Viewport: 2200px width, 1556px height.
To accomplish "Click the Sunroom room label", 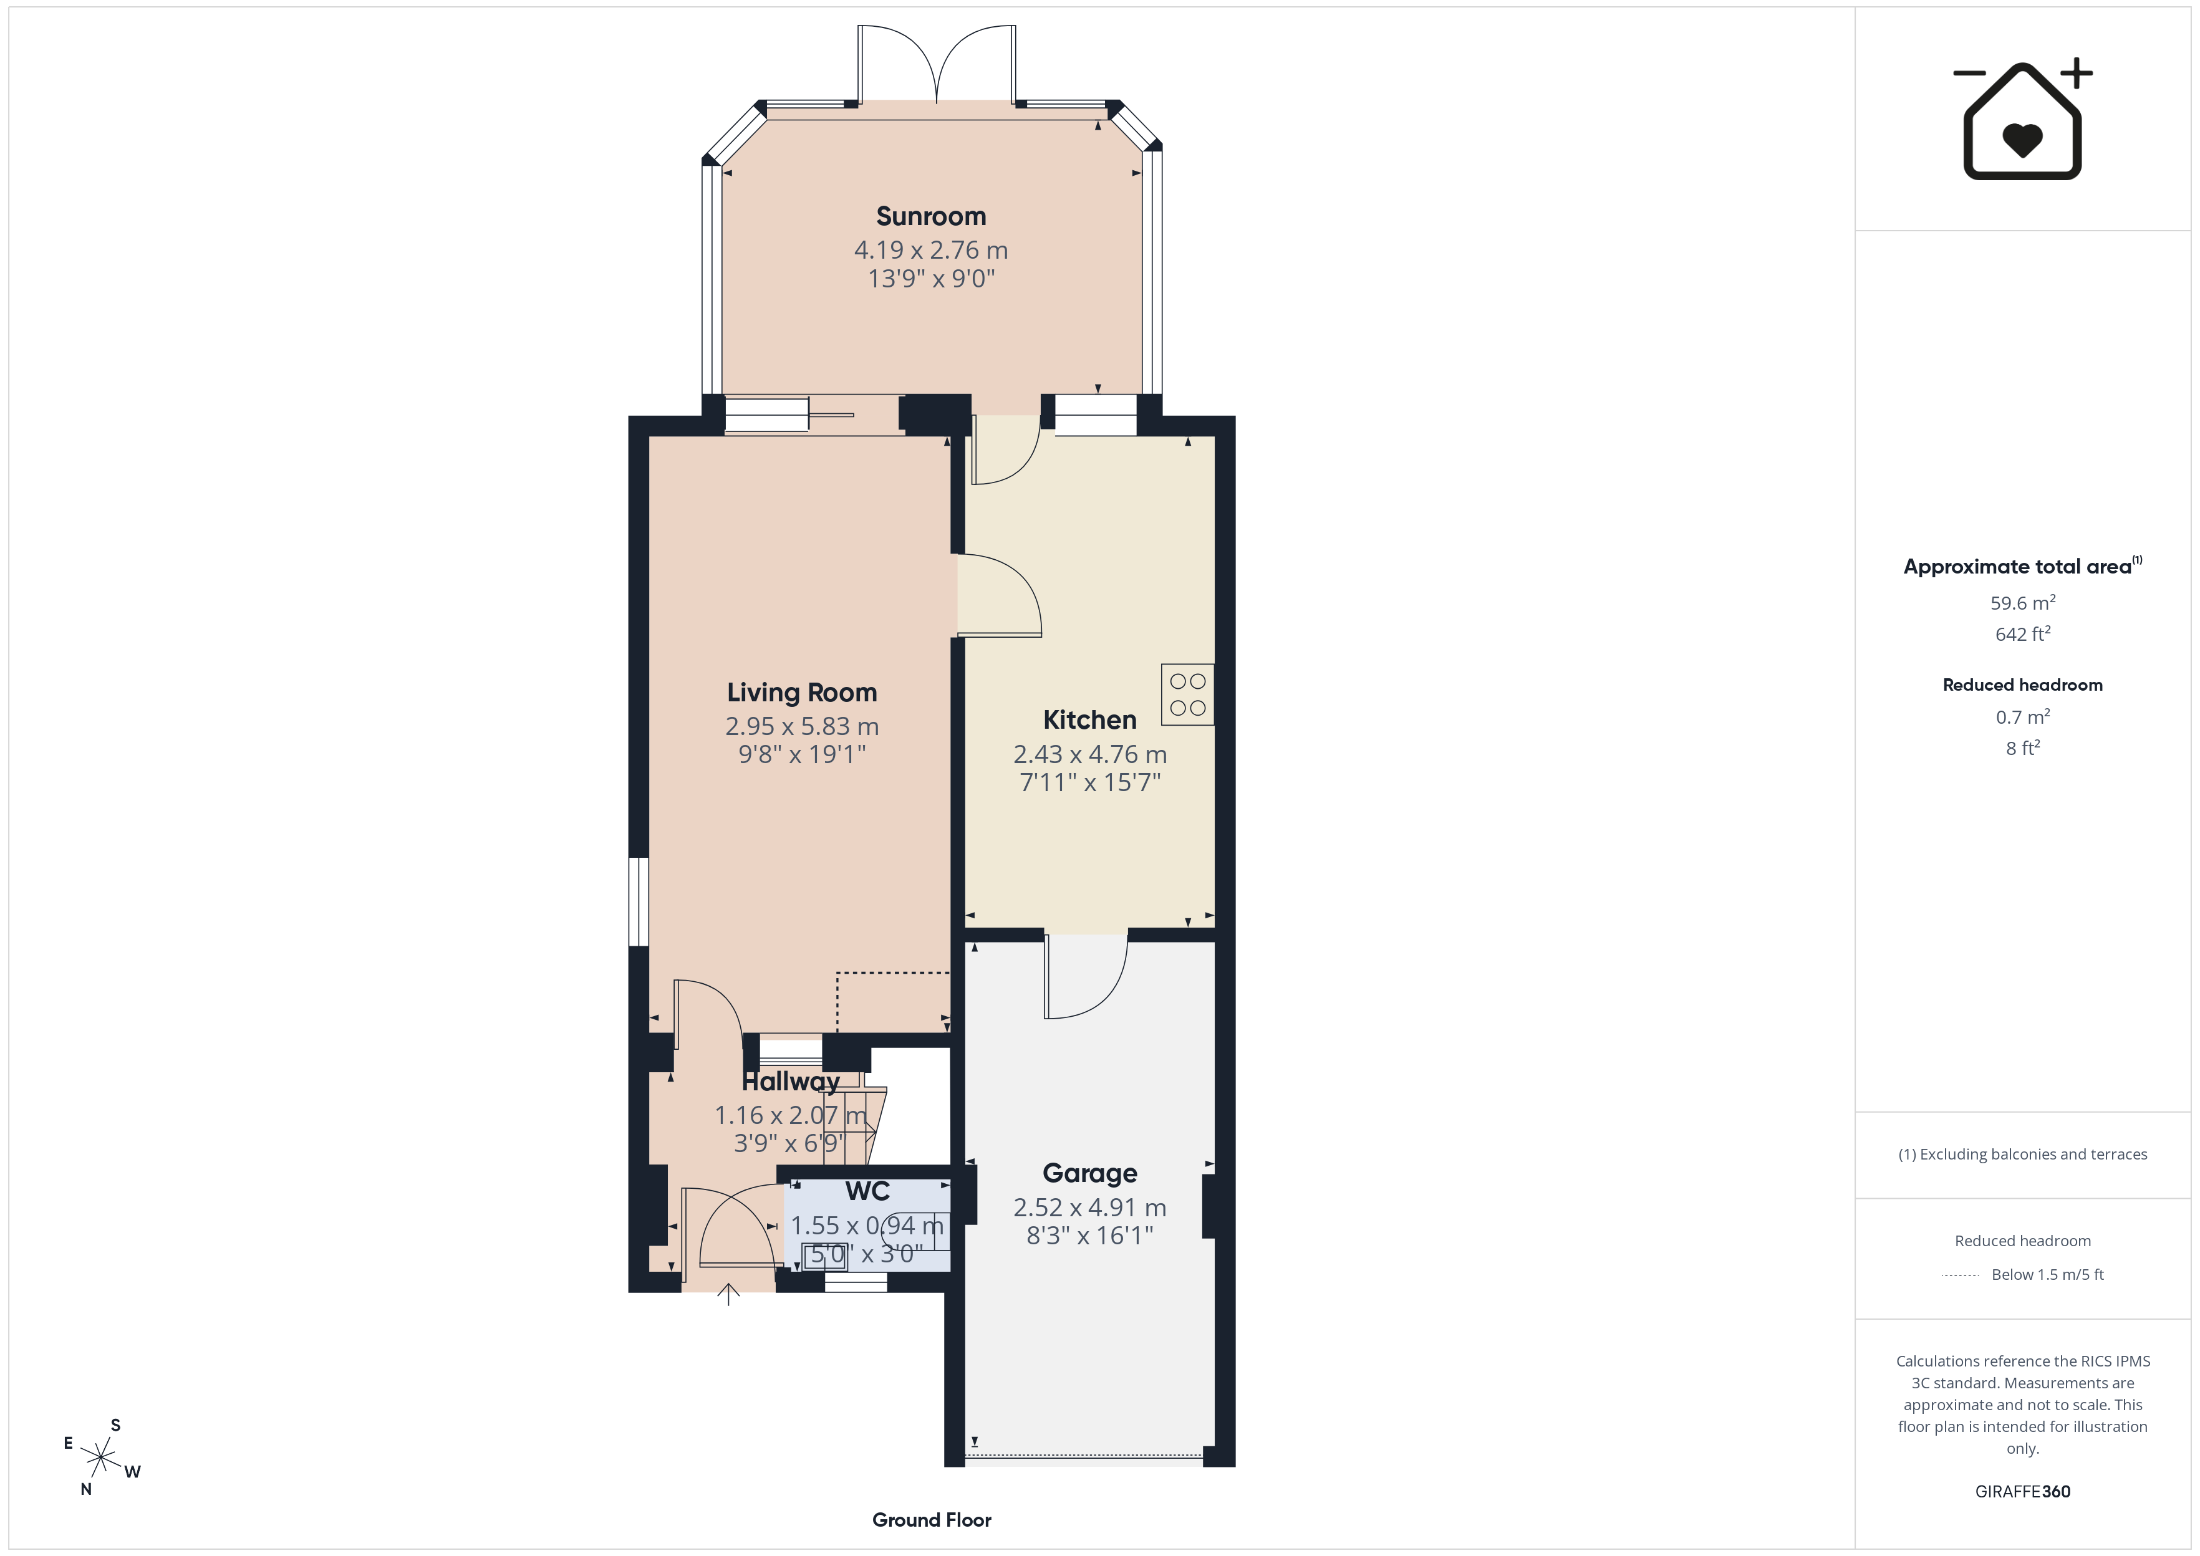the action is click(930, 216).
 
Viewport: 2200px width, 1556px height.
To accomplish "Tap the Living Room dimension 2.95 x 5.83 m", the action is click(802, 726).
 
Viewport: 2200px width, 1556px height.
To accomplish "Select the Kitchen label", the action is click(1089, 719).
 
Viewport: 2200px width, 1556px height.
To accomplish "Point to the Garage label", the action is click(1089, 1174).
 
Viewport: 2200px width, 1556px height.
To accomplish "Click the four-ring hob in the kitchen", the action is click(1187, 694).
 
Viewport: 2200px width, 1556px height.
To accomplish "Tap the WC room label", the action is click(867, 1191).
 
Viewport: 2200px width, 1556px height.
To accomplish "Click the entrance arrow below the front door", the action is click(728, 1294).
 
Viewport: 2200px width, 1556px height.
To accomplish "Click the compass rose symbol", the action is click(100, 1458).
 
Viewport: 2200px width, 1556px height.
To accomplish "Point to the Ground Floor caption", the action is click(932, 1520).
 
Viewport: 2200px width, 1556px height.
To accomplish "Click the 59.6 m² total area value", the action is click(2023, 603).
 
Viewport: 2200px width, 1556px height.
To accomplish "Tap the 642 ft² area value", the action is click(2023, 633).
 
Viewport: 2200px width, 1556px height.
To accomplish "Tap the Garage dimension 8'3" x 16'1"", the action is click(1089, 1236).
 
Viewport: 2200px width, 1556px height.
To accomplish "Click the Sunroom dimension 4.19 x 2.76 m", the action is click(930, 250).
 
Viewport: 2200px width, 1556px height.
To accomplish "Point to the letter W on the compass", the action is click(132, 1472).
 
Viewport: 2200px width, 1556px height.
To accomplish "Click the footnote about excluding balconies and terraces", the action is click(2023, 1155).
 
